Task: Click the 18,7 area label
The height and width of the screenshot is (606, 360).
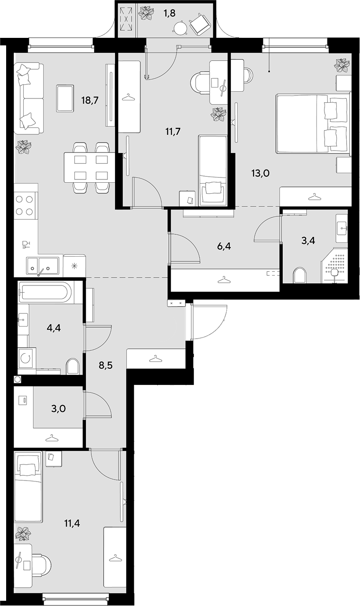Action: click(90, 101)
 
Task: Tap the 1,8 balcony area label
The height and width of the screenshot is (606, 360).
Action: click(170, 13)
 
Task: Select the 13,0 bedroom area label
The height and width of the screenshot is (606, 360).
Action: click(261, 173)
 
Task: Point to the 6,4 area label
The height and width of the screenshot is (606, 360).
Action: click(224, 247)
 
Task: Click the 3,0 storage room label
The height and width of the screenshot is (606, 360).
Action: click(58, 408)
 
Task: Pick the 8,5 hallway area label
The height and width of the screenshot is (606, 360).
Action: click(105, 365)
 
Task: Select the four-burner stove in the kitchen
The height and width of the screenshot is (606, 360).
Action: click(25, 205)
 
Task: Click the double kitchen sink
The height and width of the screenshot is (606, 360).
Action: click(42, 267)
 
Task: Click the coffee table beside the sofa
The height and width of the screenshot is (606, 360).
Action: click(65, 98)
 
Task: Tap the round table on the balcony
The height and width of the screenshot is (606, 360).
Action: click(180, 27)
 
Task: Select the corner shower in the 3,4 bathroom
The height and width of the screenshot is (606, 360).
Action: click(334, 266)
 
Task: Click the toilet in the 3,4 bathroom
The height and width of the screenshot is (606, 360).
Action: click(300, 276)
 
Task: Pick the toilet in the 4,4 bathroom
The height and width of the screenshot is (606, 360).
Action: click(73, 366)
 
